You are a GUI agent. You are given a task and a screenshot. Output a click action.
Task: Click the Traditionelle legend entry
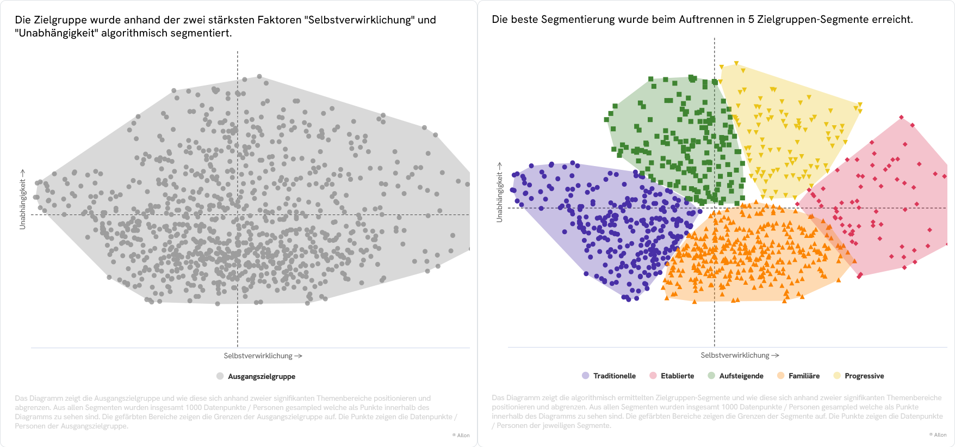(x=614, y=376)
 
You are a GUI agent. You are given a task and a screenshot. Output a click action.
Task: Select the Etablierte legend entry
(x=677, y=376)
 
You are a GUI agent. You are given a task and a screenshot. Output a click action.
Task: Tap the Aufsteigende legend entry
(x=741, y=376)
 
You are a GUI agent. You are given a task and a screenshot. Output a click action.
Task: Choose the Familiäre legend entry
(x=804, y=376)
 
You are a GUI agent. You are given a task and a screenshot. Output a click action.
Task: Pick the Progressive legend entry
(x=864, y=376)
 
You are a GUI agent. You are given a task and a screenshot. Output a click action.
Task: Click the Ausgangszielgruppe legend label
(x=261, y=376)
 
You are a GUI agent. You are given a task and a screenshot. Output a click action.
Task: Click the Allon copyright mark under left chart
(x=461, y=435)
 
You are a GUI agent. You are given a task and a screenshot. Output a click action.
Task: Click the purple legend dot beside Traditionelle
(x=586, y=376)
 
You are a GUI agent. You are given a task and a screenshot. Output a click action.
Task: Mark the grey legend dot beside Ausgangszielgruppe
(x=220, y=376)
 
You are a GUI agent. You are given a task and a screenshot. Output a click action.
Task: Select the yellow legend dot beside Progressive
(x=837, y=376)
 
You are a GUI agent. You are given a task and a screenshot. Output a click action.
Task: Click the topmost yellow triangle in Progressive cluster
(x=736, y=64)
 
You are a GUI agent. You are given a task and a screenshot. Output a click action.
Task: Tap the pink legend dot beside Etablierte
(x=653, y=376)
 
